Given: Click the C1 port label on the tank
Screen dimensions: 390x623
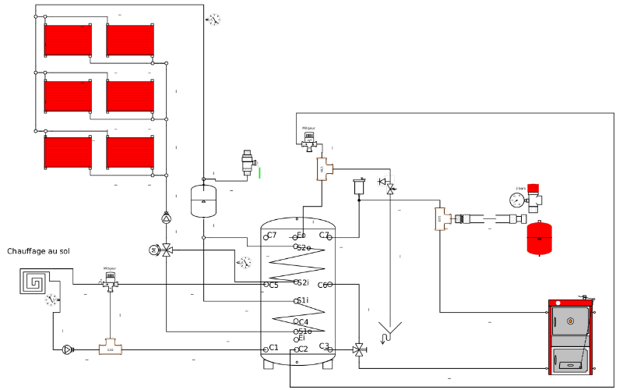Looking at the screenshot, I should pos(273,347).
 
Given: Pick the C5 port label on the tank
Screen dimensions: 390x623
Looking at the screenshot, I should pos(273,285).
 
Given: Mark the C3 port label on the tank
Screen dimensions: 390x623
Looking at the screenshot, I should pos(324,346).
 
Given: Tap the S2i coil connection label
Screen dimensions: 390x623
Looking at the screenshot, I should pos(302,282).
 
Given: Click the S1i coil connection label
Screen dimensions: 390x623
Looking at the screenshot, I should pos(302,300).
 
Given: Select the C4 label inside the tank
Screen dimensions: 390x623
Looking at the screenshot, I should pos(302,321).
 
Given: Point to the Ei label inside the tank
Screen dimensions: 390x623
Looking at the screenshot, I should pos(301,339).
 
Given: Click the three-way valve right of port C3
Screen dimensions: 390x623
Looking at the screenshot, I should pos(359,349).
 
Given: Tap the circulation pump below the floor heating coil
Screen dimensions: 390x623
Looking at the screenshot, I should pos(67,349).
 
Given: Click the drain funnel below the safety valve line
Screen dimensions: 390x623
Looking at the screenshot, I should pos(386,331).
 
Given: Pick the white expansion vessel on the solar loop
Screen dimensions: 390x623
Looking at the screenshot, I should pos(203,200).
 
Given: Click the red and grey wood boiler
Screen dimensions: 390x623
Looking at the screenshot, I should pos(572,337).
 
